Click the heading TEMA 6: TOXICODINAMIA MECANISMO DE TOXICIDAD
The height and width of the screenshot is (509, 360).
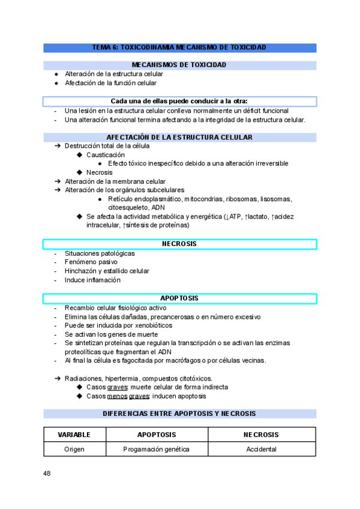[179, 47]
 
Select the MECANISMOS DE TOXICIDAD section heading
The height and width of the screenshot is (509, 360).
[179, 64]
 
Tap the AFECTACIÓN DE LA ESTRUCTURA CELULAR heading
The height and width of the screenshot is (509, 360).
[179, 137]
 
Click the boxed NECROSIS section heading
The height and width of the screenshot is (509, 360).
[179, 244]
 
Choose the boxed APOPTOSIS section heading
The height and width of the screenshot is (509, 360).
[179, 298]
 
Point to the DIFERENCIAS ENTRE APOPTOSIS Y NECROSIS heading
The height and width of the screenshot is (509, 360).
[179, 414]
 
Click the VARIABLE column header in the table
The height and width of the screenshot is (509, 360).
[74, 435]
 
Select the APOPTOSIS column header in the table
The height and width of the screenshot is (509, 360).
[157, 435]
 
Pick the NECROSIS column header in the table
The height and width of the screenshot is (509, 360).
[261, 435]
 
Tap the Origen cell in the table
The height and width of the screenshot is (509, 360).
[74, 449]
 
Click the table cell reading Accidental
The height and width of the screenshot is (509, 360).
[261, 449]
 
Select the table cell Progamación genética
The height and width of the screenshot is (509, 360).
[157, 449]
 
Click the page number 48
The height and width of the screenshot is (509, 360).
[47, 474]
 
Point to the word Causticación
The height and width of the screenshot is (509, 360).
[106, 154]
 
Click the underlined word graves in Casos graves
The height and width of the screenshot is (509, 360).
[118, 387]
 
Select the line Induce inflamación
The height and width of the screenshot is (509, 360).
[92, 280]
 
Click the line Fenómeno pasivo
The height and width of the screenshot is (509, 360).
[91, 262]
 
